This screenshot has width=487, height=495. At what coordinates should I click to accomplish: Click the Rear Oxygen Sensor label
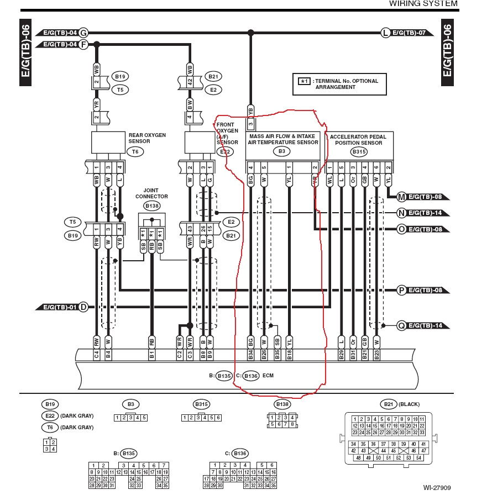tap(146, 138)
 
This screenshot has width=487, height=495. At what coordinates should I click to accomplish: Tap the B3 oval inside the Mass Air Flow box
tap(282, 151)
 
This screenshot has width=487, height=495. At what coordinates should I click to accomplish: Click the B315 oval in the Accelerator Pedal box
tap(359, 151)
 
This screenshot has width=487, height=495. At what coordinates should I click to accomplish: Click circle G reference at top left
tap(83, 33)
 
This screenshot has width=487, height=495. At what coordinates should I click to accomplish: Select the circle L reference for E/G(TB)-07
tap(385, 33)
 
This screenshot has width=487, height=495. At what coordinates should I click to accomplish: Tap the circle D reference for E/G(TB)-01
tap(83, 307)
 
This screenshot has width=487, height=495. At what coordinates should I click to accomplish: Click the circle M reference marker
tap(401, 196)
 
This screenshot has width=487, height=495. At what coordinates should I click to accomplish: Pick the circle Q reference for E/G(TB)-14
tap(401, 326)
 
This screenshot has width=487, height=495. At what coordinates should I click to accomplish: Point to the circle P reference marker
tap(401, 289)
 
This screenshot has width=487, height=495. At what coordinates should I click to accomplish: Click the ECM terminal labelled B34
tap(251, 354)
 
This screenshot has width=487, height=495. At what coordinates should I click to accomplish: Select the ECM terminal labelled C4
tap(97, 354)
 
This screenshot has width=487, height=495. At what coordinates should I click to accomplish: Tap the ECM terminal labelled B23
tap(377, 354)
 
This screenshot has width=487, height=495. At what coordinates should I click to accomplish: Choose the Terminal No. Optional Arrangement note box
tap(339, 84)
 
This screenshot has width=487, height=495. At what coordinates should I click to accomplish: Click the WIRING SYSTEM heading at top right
tap(423, 4)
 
